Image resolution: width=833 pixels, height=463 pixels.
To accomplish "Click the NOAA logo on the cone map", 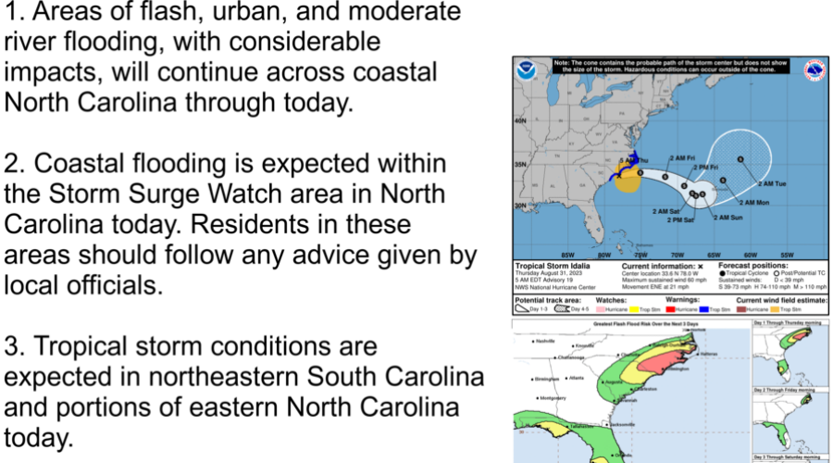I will point(527,69).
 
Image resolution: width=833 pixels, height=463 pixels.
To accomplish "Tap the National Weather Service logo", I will point(815,70).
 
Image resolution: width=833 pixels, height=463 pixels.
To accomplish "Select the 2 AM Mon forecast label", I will point(754,202).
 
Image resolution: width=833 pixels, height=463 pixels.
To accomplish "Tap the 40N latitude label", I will point(520,121).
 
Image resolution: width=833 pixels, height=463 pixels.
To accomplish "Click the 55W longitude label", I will point(788,255).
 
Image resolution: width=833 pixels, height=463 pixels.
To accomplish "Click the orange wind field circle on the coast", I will point(628,180).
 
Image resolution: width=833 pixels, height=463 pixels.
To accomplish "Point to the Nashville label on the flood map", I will point(546,341).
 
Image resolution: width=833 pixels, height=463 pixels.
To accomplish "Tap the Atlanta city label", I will point(577,377).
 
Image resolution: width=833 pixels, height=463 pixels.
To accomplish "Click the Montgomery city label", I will point(553,398).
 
